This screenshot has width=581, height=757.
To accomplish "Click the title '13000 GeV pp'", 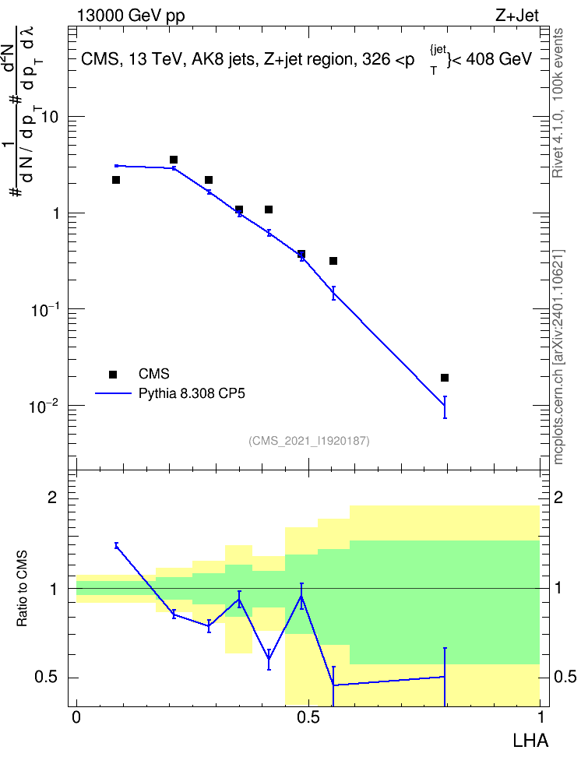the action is (131, 16).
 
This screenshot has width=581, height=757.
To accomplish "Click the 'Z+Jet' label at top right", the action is (517, 16).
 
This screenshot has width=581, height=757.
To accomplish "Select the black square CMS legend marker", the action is (113, 374).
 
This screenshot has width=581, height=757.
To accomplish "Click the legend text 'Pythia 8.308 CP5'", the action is (192, 393).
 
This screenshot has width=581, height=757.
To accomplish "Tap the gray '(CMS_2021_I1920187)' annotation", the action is (309, 441).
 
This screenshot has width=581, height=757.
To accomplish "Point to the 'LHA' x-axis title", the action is (530, 741).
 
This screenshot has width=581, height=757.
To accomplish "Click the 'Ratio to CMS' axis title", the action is (22, 589).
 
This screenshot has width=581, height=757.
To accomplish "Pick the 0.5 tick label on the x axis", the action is (308, 717).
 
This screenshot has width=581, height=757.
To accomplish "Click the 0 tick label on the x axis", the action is (76, 717).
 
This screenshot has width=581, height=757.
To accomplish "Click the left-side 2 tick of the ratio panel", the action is (52, 497).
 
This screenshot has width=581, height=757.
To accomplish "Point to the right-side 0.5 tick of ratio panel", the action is (565, 677).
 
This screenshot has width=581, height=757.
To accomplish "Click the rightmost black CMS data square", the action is (445, 378).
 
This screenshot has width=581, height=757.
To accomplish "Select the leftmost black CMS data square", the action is (116, 180).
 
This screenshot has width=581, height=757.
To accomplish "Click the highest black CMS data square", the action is (174, 160).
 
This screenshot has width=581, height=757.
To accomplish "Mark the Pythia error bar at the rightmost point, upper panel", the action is (445, 407).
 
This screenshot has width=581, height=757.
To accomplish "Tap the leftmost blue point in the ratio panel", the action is (116, 545).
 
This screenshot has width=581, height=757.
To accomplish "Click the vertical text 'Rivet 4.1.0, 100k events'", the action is (558, 103).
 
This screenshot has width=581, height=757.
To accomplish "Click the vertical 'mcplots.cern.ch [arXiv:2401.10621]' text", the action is (558, 357).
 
